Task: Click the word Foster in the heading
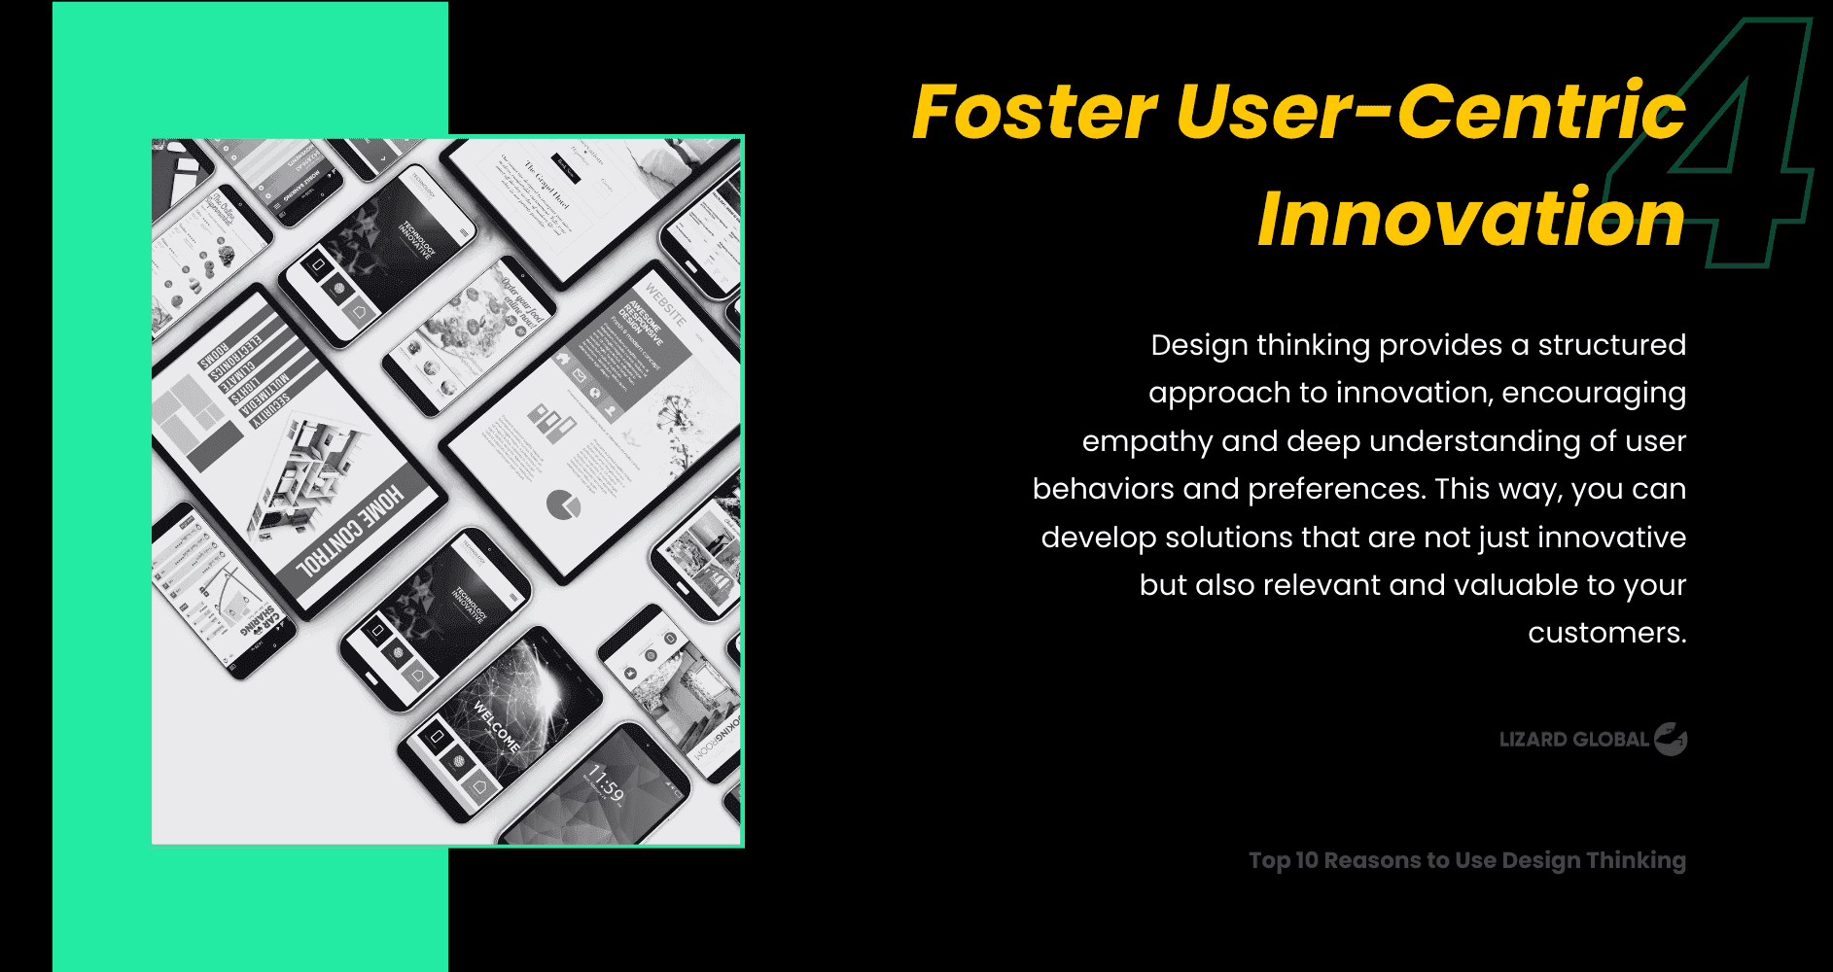pos(1034,113)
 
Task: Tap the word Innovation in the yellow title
pos(1470,220)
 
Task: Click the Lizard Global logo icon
pos(1671,739)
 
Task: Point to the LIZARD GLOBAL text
pos(1573,740)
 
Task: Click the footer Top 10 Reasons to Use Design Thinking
pos(1466,860)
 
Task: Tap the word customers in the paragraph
pos(1604,633)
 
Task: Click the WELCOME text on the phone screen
pos(496,725)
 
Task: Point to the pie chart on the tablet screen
pos(562,503)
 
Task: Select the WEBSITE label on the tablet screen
pos(665,303)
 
